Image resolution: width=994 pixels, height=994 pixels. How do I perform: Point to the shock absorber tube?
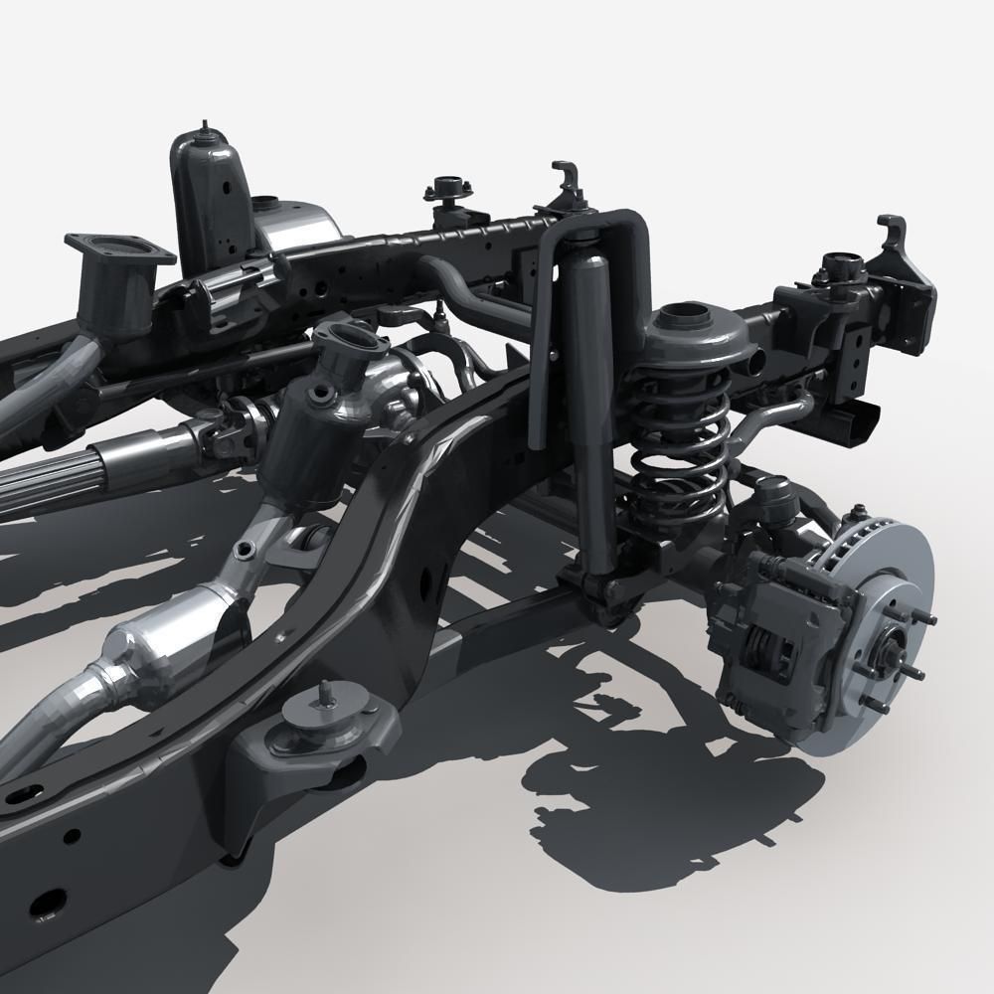pyautogui.click(x=590, y=398)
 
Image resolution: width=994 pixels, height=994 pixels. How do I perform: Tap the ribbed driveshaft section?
pyautogui.click(x=60, y=477)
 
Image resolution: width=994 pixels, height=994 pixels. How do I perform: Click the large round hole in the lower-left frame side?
pyautogui.click(x=45, y=905)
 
